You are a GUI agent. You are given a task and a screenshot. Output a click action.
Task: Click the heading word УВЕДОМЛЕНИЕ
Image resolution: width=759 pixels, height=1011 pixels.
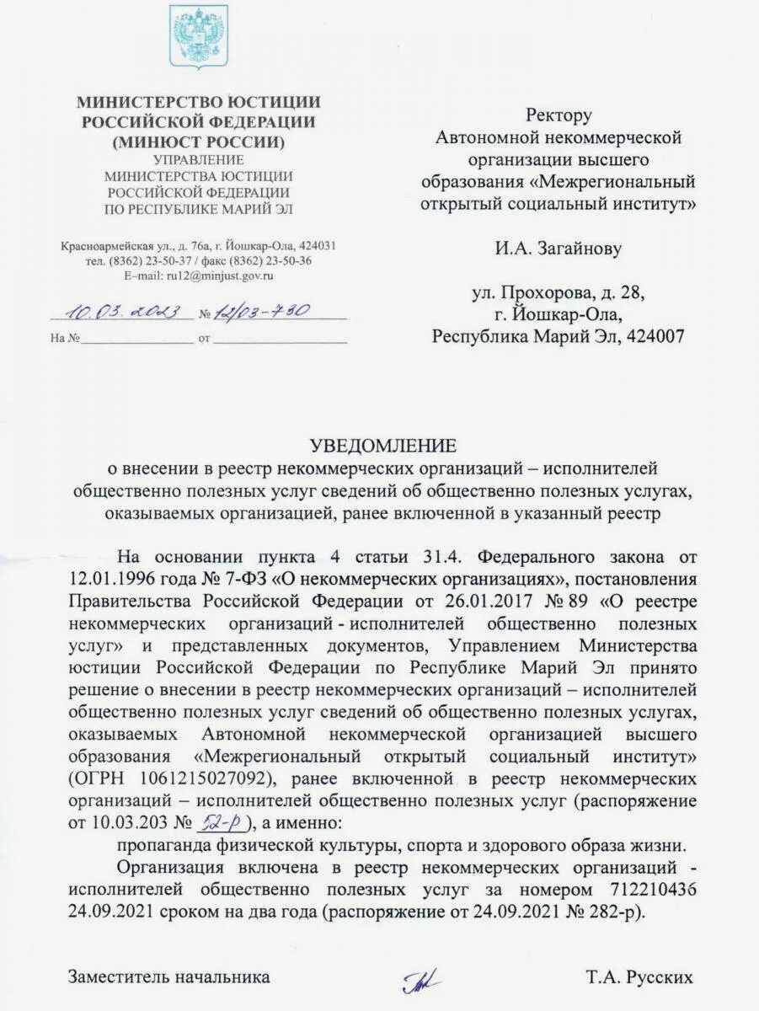(x=382, y=444)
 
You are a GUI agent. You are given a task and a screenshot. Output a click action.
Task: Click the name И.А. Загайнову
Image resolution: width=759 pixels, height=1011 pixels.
(x=558, y=248)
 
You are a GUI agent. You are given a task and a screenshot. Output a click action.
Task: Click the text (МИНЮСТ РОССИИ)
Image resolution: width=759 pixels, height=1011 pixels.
(x=199, y=141)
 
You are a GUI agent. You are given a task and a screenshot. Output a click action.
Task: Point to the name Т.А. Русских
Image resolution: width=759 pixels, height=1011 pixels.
(x=640, y=977)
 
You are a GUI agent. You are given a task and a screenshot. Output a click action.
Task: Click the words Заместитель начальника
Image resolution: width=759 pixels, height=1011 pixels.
(x=168, y=977)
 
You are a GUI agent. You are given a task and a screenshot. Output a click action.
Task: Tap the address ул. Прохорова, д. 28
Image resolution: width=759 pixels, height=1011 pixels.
(x=558, y=293)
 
